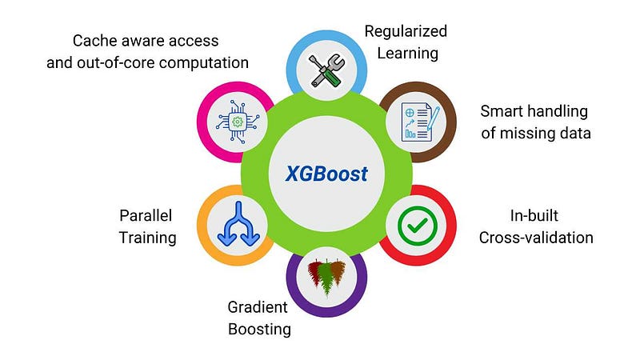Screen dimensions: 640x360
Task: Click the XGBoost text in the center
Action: tap(326, 174)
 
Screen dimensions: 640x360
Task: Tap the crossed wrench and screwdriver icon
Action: tap(326, 70)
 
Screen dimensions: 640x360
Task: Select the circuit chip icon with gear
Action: tap(238, 122)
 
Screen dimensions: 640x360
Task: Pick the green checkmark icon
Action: tap(417, 226)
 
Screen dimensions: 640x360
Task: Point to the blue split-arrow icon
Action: tap(238, 224)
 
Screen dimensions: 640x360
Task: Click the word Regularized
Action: tap(406, 31)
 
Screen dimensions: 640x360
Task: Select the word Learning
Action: tap(407, 54)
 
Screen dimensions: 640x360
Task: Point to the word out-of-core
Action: tap(122, 63)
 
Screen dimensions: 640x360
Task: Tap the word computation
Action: tap(204, 63)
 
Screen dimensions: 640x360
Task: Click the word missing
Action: tap(529, 134)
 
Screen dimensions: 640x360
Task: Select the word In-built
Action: tap(534, 215)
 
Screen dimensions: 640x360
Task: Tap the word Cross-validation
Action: tap(536, 238)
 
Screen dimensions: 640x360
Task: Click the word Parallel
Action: tap(146, 215)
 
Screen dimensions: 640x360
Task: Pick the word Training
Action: tap(147, 238)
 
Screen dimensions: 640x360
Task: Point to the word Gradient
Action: tap(258, 307)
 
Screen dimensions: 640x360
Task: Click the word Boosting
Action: tap(259, 330)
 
